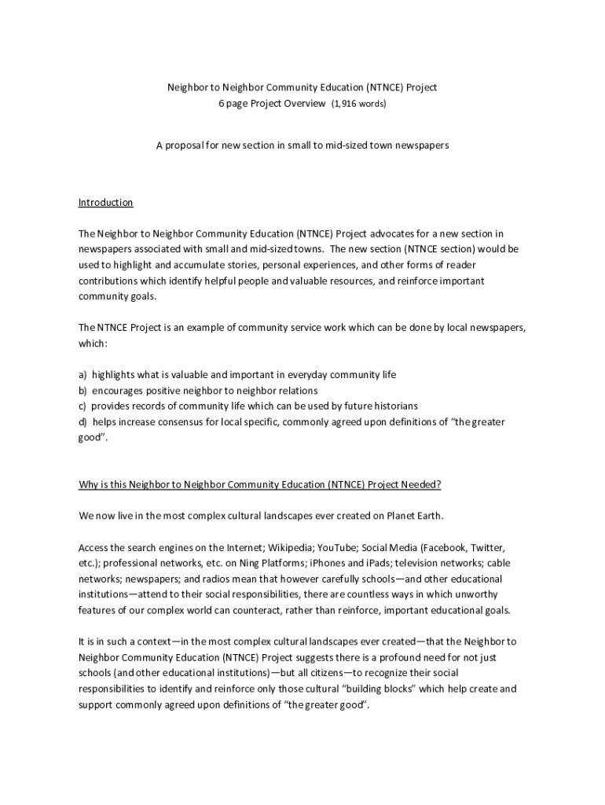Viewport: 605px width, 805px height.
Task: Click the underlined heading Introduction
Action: tap(105, 203)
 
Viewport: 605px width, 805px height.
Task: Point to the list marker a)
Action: tap(82, 375)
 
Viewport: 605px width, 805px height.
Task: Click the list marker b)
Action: tap(82, 391)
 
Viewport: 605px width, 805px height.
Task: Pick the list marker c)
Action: tap(82, 406)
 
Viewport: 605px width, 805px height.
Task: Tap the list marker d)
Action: tap(82, 422)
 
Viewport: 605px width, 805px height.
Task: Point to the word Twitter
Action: tap(488, 547)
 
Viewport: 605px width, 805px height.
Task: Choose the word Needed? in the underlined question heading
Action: tap(420, 485)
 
